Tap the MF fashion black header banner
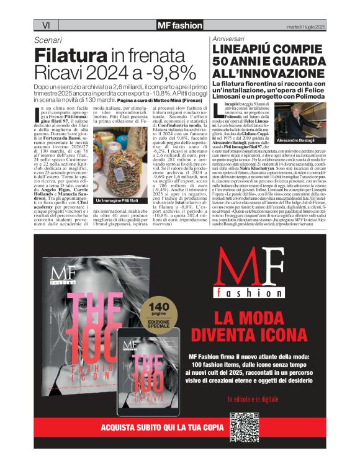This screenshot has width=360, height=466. tap(179, 25)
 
